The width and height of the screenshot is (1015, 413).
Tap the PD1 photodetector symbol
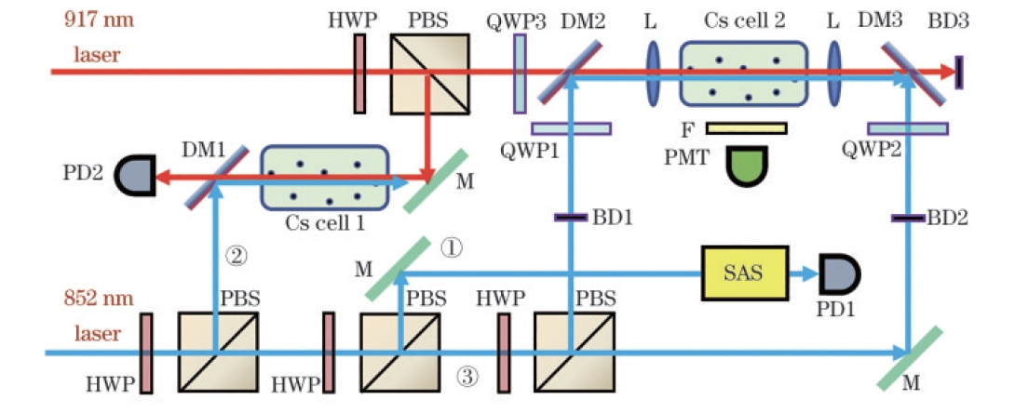point(836,273)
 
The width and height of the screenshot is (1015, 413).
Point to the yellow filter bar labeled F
point(746,127)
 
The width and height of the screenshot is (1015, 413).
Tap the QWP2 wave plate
point(907,127)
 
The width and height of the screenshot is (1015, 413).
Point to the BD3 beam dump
point(959,72)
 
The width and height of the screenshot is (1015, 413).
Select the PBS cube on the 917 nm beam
point(426,72)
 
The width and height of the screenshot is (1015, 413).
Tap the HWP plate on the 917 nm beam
point(359,72)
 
